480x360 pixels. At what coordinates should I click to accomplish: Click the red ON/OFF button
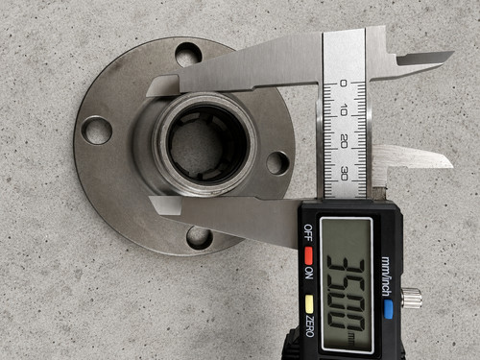click(x=308, y=253)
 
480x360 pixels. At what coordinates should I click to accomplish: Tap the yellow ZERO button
click(x=309, y=303)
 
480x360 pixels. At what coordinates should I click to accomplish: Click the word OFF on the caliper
click(x=308, y=232)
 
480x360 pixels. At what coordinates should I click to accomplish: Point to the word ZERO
click(x=309, y=325)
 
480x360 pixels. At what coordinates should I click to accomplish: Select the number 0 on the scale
click(x=343, y=84)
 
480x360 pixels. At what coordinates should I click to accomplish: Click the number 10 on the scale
click(x=344, y=110)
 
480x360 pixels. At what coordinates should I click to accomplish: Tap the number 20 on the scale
click(x=344, y=141)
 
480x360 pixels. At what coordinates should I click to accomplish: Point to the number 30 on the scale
click(x=345, y=173)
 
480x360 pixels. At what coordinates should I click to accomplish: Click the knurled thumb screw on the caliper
click(x=412, y=298)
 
